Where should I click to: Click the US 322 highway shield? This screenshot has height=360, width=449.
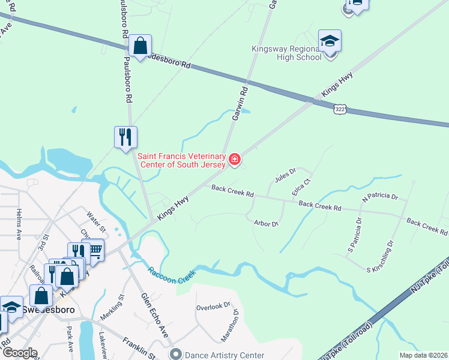point(340,108)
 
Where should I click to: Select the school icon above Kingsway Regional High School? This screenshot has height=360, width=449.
point(330,41)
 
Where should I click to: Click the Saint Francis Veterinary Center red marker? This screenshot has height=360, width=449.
point(235,160)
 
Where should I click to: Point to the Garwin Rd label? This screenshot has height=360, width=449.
point(239,103)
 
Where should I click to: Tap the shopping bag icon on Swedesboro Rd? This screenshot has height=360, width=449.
point(140,46)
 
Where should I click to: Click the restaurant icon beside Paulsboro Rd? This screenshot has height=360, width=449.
point(126,137)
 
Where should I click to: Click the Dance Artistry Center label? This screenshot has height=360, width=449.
point(224,355)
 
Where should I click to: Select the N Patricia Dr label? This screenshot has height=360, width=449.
point(379,196)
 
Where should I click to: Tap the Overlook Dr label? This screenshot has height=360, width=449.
point(213,307)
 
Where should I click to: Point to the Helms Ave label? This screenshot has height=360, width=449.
point(19,225)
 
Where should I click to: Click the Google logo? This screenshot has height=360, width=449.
point(20,353)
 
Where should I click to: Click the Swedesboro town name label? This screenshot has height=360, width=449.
point(47,310)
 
